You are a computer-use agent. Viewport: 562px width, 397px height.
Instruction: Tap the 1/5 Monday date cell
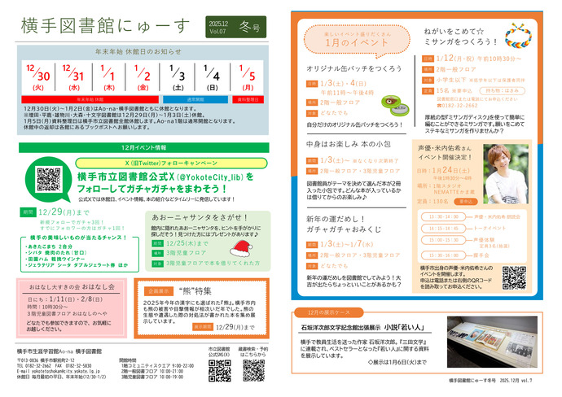(249, 79)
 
